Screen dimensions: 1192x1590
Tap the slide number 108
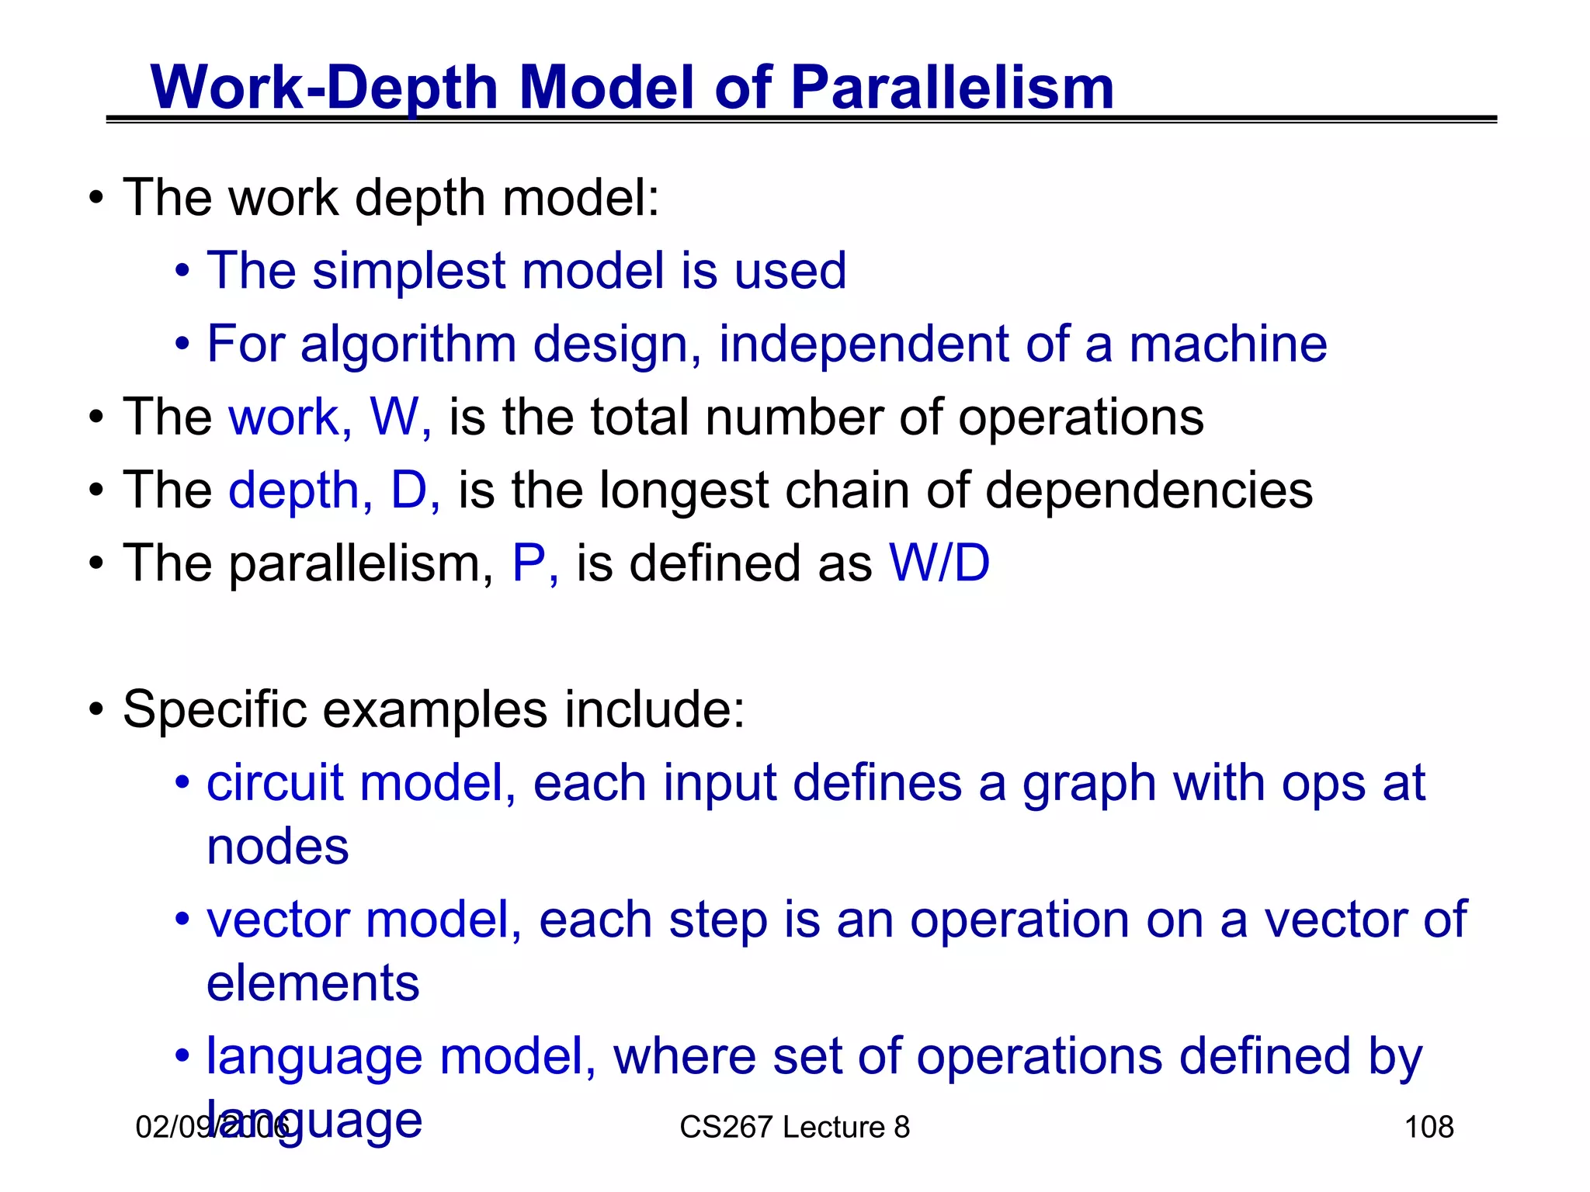coord(1429,1127)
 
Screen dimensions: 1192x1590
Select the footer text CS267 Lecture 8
coord(794,1127)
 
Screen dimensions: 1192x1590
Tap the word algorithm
coord(408,344)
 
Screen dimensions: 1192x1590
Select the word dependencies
coord(1148,491)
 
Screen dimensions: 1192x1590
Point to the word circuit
coord(275,783)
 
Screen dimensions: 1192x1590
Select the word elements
coord(313,983)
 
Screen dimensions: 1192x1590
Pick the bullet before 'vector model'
coord(182,920)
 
